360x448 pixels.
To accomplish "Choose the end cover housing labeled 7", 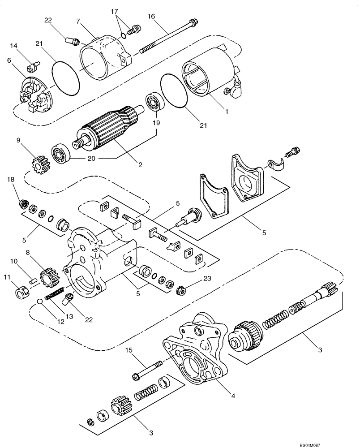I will tap(103, 58).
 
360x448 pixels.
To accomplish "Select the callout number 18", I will tap(10, 179).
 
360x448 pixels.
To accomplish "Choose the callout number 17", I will tap(114, 11).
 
